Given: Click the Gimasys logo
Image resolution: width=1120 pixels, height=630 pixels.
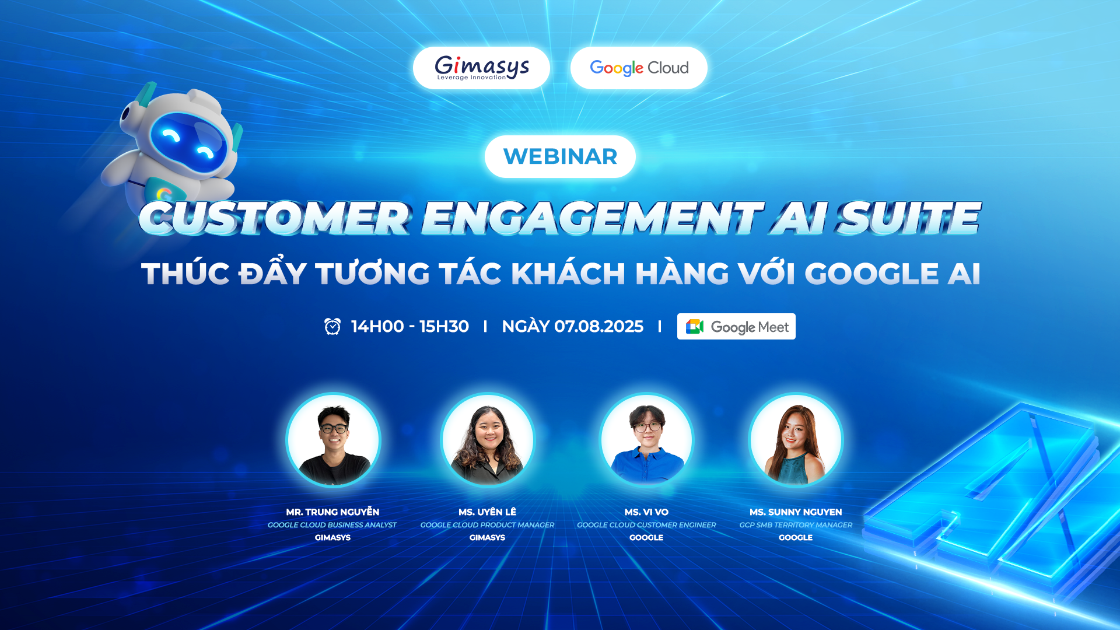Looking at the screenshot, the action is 482,68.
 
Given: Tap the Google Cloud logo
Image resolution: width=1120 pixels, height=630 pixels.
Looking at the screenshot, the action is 639,68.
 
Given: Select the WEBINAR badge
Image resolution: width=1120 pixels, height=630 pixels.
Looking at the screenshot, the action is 560,156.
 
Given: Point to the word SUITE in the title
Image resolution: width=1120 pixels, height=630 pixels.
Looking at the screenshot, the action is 909,218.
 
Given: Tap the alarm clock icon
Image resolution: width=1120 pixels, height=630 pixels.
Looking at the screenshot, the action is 332,326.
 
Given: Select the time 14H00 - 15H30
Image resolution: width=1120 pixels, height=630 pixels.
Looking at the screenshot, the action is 409,326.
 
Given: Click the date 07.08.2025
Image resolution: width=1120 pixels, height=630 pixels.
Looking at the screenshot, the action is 598,326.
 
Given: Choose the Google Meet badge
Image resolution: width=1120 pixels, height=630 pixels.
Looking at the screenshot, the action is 736,327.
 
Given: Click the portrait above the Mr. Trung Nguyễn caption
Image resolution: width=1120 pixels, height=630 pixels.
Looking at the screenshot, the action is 333,440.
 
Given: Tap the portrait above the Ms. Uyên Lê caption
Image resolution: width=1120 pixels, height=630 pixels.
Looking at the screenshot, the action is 488,440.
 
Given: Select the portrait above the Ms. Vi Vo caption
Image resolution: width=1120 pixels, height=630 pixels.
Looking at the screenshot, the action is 647,440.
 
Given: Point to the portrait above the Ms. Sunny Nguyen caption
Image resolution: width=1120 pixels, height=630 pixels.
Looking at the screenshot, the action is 796,440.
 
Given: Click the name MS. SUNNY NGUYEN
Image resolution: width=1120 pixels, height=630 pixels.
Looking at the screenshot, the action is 796,512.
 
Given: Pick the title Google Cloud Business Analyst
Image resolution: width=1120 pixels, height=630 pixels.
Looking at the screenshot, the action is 332,525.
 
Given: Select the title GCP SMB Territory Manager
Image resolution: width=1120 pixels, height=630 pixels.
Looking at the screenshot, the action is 796,525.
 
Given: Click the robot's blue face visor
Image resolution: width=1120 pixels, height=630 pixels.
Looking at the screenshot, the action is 188,142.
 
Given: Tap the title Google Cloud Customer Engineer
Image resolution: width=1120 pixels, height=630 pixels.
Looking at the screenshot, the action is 646,525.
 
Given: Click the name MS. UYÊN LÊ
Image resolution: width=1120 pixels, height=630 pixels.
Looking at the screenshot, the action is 487,512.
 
